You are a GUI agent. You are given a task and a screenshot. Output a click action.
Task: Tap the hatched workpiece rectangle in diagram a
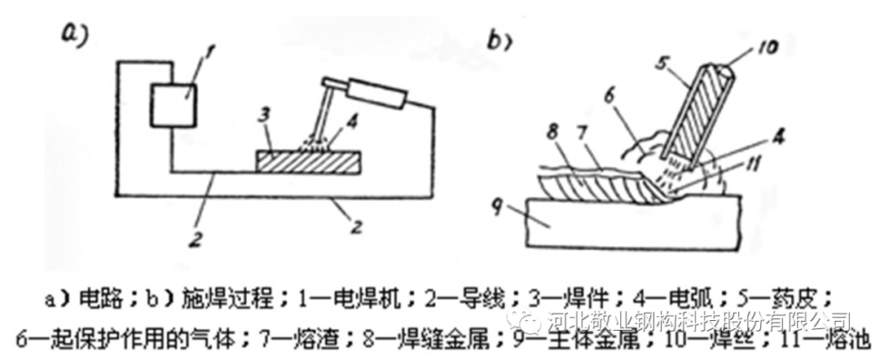click(306, 161)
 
